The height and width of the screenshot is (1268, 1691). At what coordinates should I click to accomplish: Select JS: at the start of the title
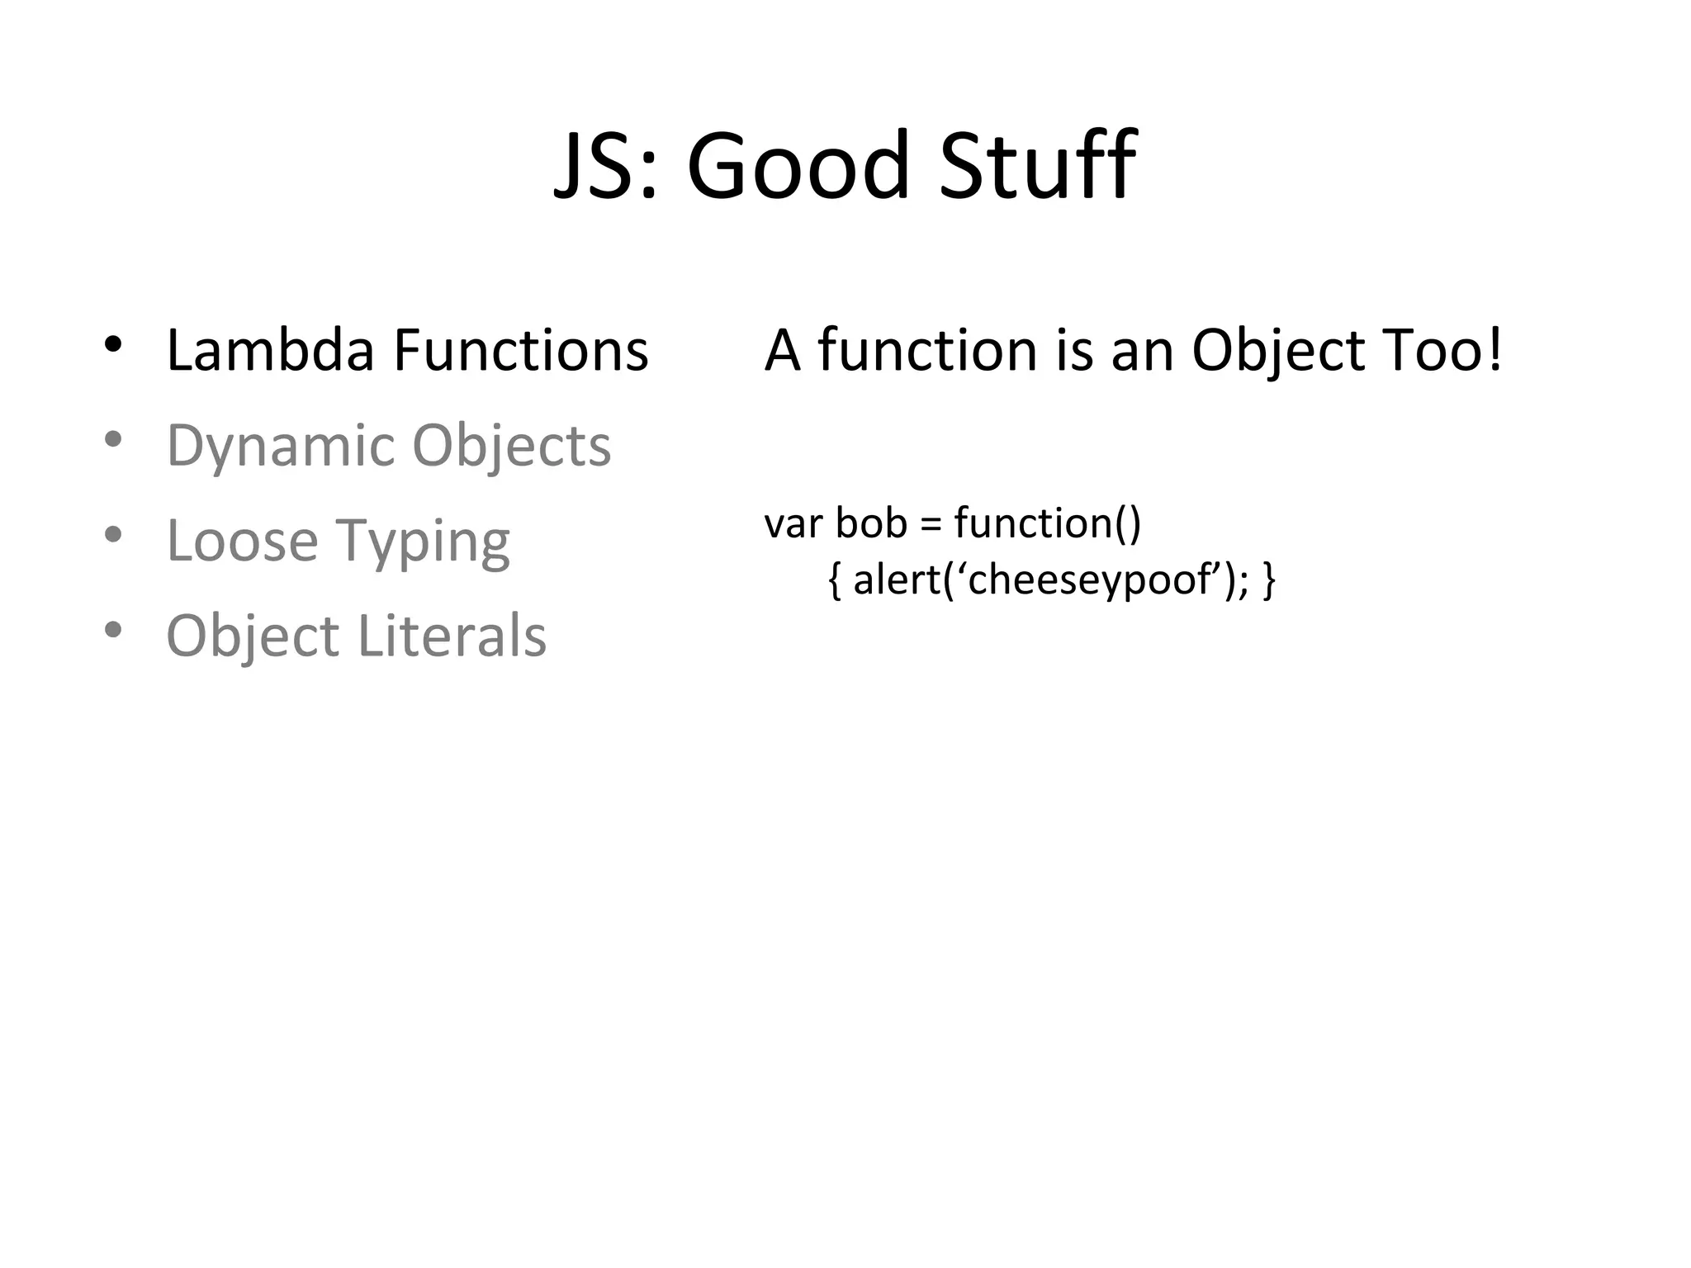605,167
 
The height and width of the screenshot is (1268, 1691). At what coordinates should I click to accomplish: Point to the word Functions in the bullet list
521,350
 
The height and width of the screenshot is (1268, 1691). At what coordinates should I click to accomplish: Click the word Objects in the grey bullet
511,447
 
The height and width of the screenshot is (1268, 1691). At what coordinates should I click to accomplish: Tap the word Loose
242,542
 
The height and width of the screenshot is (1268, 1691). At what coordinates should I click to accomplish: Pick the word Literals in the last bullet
453,636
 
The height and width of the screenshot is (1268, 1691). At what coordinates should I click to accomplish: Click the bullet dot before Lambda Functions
114,344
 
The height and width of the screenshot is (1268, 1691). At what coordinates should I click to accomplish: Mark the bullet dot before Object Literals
114,630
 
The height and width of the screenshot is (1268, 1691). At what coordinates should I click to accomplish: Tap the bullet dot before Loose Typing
114,535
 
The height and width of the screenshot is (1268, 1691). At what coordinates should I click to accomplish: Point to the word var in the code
793,523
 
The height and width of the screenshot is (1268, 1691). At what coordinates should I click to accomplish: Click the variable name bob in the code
871,523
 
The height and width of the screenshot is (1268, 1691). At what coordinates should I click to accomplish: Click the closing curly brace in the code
1269,580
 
